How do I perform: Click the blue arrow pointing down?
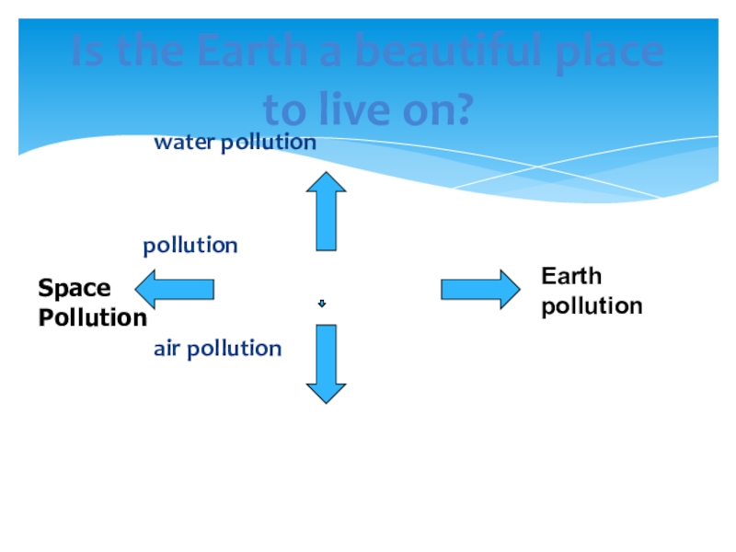326,363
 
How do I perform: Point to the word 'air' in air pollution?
168,349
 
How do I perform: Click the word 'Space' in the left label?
74,289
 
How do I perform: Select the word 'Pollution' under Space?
92,318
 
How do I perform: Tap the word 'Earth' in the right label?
571,276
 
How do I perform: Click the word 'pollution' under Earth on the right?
592,306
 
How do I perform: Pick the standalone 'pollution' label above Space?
190,246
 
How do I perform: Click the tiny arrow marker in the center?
322,304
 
